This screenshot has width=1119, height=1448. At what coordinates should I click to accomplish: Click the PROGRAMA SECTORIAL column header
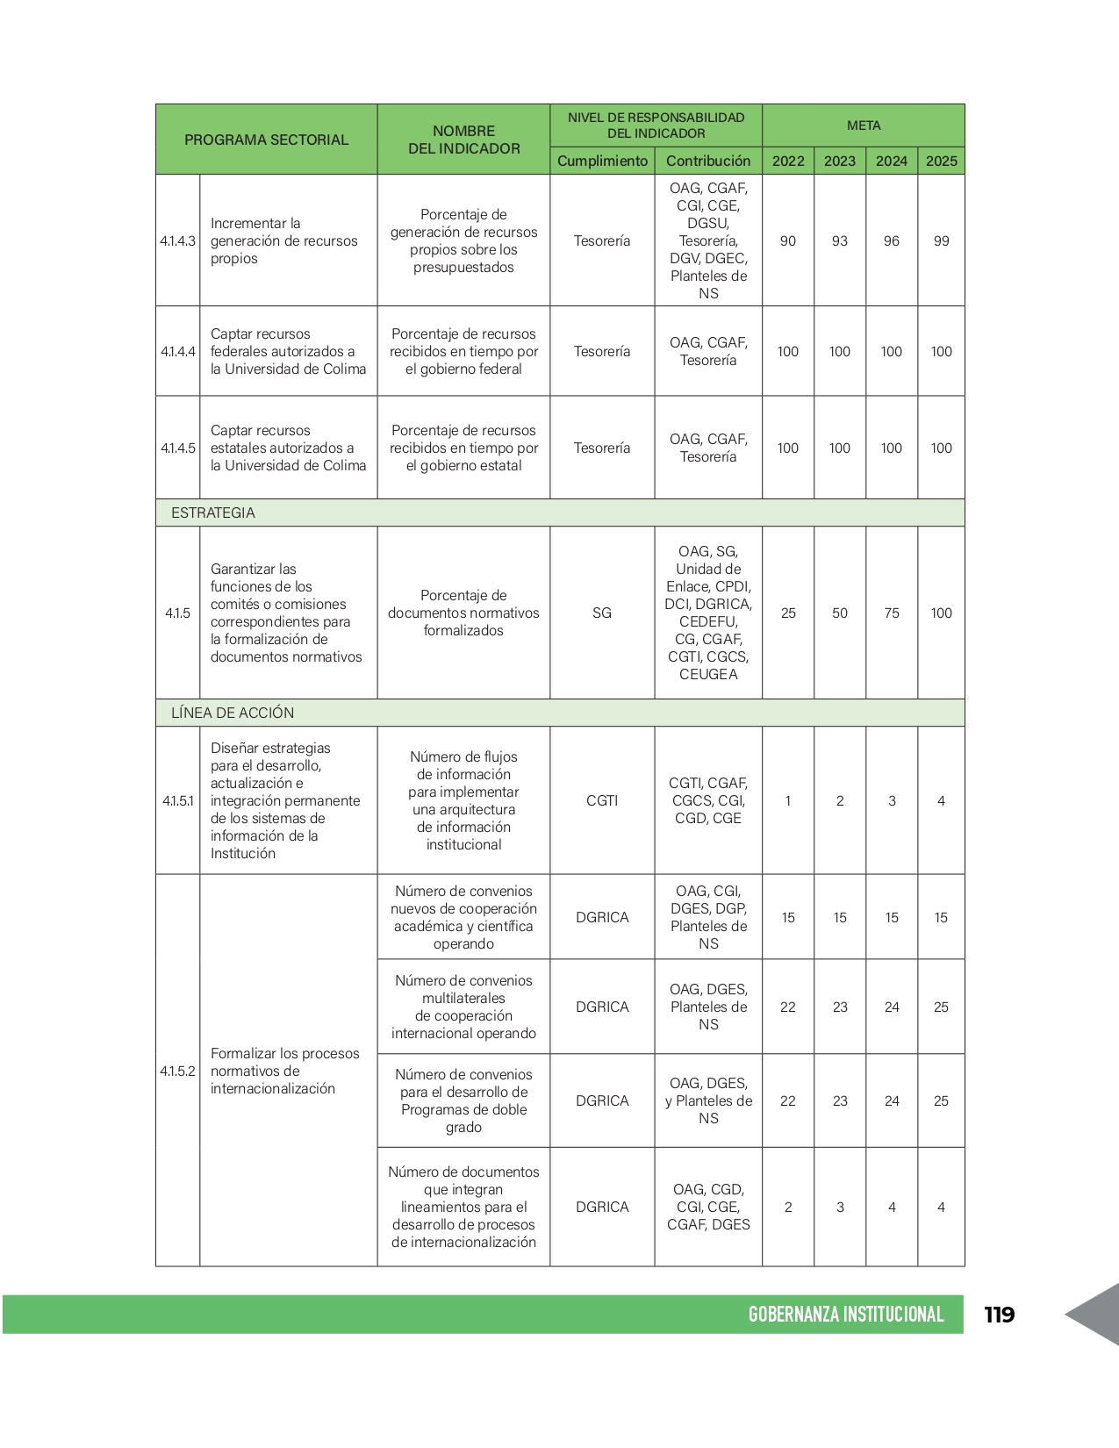[x=266, y=140]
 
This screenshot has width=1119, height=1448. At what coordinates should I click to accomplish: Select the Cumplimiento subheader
[x=602, y=161]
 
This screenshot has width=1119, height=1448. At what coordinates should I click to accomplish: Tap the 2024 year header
[x=891, y=161]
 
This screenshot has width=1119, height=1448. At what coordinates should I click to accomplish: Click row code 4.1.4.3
[x=177, y=240]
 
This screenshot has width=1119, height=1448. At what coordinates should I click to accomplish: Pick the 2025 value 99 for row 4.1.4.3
[x=941, y=240]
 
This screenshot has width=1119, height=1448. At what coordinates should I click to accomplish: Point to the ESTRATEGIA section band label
[x=213, y=513]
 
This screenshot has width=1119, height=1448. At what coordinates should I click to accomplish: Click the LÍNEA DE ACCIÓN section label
[x=233, y=713]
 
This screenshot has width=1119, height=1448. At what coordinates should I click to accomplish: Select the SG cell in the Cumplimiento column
[x=602, y=613]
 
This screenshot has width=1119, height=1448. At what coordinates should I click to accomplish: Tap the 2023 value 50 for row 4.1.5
[x=840, y=613]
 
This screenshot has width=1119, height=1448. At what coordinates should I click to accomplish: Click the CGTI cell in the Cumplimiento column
[x=602, y=800]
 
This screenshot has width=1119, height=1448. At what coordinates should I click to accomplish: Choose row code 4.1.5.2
[x=177, y=1071]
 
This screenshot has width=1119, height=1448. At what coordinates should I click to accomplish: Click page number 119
[x=999, y=1314]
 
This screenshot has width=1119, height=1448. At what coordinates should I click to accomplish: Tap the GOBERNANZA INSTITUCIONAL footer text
[x=845, y=1314]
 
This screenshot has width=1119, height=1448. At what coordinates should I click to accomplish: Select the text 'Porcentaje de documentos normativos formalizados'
[x=463, y=613]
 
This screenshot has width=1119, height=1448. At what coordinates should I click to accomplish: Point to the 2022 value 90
[x=788, y=240]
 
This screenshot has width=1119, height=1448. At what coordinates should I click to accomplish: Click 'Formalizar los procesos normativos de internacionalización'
[x=285, y=1071]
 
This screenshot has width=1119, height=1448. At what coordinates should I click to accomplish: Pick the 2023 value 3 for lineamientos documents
[x=840, y=1207]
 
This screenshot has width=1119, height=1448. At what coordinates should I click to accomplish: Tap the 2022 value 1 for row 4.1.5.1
[x=788, y=800]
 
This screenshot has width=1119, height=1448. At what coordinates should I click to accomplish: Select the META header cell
[x=864, y=125]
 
